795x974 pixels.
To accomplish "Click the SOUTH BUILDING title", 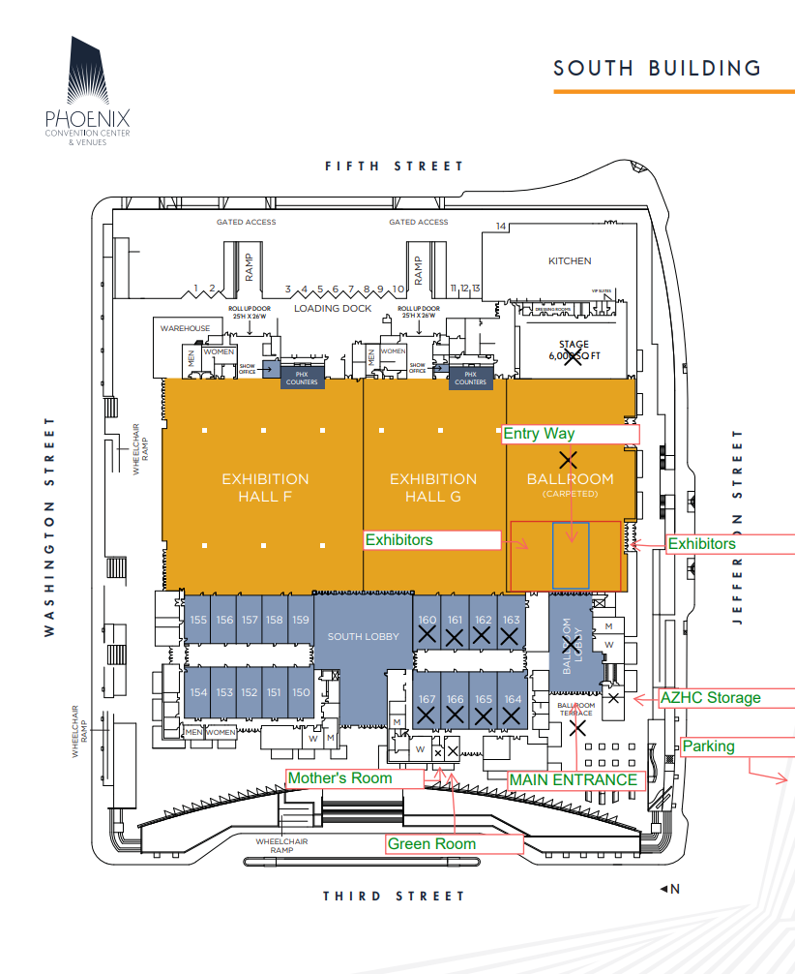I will tap(657, 68).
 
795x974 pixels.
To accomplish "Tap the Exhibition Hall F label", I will tap(265, 488).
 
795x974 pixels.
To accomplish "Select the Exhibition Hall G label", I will tap(432, 488).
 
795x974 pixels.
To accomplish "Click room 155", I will tap(199, 621).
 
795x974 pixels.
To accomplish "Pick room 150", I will tap(301, 692).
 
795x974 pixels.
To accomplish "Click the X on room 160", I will tap(426, 634).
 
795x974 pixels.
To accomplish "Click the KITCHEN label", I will tap(570, 261).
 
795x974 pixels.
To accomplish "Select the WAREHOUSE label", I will tap(185, 328).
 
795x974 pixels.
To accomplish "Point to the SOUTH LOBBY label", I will tap(357, 636).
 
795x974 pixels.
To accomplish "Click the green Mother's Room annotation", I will tap(340, 778).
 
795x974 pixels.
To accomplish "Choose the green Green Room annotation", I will tap(432, 844).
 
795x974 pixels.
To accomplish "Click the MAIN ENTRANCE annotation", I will tap(574, 779).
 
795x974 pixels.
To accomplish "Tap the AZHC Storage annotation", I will tap(710, 697).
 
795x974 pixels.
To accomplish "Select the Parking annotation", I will tap(709, 746).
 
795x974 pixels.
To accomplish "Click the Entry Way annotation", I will tap(539, 434).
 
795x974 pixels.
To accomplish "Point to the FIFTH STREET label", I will tap(394, 167).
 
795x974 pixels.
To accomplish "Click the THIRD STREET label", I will tap(394, 897).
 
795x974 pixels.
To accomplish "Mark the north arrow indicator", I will tap(669, 889).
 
